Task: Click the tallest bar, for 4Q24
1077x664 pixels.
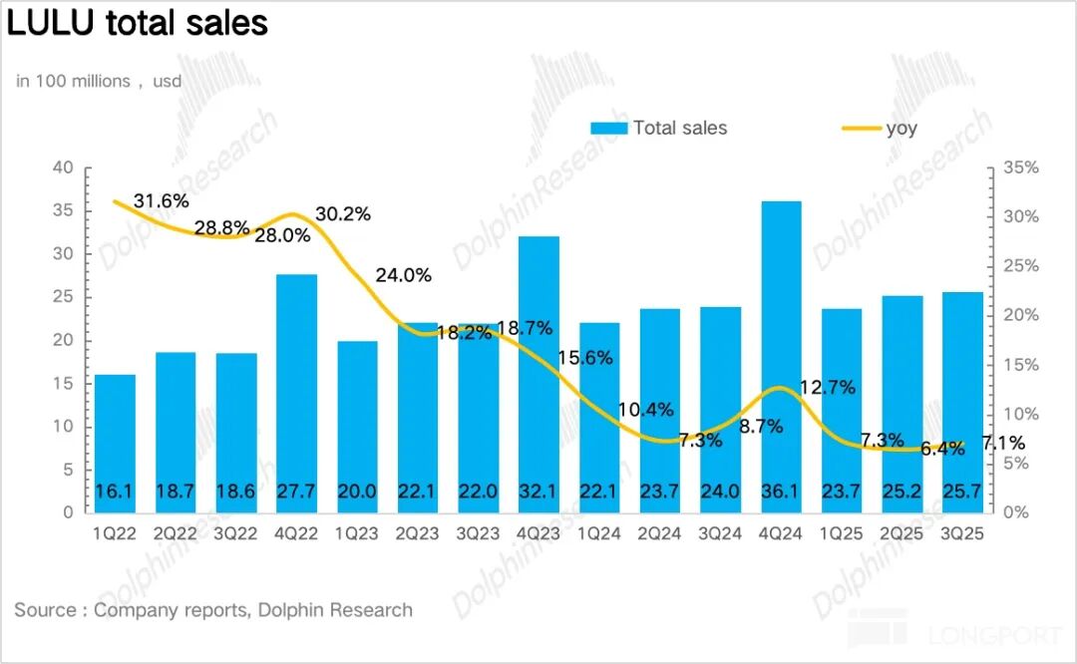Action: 781,349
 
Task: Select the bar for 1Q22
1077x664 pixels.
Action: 115,439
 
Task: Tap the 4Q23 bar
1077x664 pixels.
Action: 538,369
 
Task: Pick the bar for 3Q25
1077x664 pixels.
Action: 962,399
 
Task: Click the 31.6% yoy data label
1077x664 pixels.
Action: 161,201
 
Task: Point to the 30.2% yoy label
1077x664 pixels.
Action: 343,213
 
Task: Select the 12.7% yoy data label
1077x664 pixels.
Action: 828,388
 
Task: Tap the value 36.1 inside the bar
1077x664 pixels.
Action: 781,492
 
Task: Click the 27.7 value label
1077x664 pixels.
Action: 296,492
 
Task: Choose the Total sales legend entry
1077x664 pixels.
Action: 659,128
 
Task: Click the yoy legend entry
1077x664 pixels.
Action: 881,128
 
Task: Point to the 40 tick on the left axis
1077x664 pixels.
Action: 64,167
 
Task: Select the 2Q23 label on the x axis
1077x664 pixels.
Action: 418,533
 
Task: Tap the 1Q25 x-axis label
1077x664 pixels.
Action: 842,533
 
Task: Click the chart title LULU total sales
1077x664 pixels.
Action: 138,22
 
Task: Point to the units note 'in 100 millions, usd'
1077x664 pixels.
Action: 99,81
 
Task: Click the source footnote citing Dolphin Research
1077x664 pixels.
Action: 213,609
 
